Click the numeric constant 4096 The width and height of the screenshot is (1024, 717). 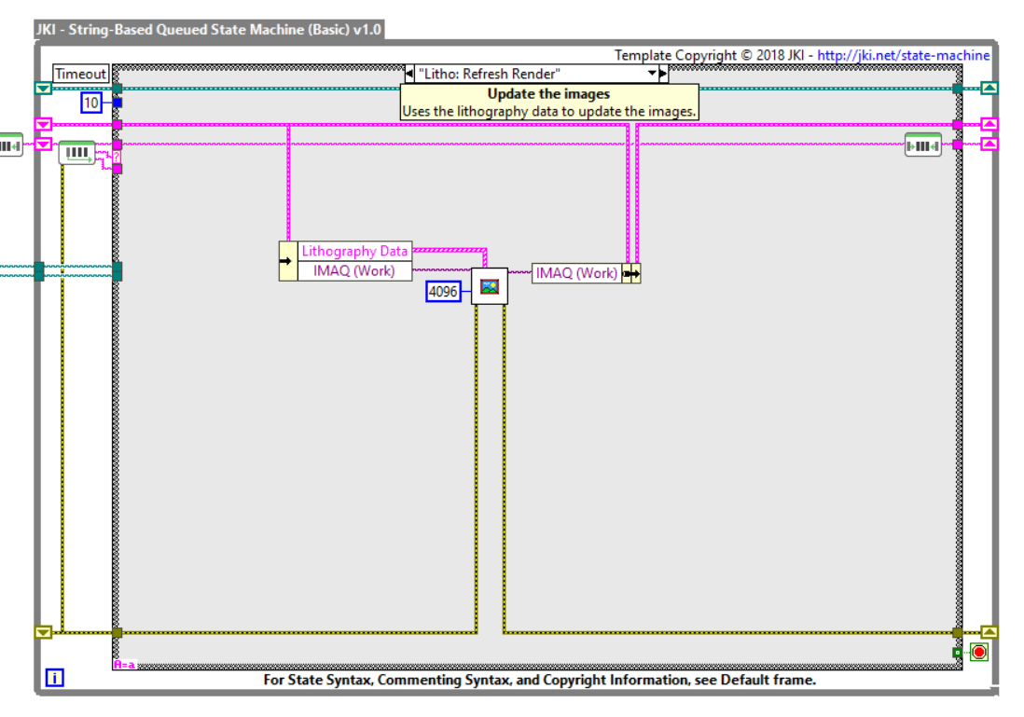443,292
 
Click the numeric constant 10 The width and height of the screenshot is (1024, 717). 90,103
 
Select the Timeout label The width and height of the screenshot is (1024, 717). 81,74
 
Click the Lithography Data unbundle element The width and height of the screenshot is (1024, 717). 354,251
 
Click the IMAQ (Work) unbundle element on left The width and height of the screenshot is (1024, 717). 354,270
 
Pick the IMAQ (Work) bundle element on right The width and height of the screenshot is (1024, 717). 576,273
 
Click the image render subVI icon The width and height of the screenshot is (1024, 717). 489,286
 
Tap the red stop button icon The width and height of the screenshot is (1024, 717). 978,652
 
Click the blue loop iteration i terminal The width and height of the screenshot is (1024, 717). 55,679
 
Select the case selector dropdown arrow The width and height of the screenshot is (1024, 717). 653,74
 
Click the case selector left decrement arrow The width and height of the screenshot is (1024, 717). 409,74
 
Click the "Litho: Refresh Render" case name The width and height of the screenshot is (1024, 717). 490,74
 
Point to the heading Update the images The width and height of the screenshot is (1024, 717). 548,94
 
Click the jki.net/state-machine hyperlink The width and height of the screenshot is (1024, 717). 903,55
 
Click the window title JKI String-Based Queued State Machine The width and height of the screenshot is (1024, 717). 209,29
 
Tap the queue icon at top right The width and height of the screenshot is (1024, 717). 922,145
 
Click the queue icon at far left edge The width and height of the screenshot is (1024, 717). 9,145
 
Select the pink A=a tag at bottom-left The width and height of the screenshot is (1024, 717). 124,664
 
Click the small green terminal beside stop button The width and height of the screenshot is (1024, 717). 957,653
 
